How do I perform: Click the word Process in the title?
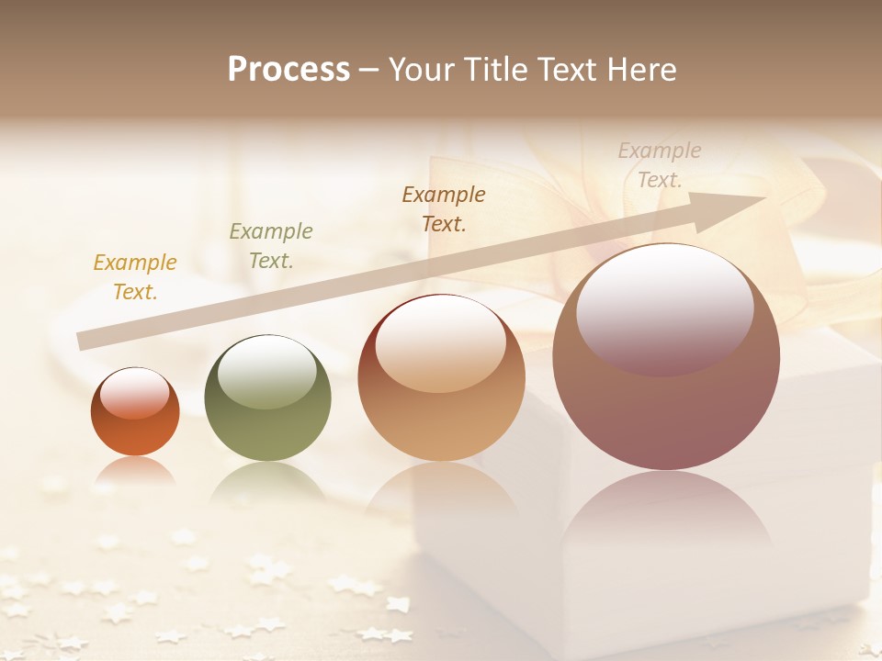[288, 70]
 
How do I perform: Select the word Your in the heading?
[423, 70]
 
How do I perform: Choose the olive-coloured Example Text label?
[271, 246]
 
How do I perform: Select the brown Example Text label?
[444, 208]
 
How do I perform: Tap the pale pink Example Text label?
[660, 164]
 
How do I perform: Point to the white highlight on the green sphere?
[267, 372]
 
